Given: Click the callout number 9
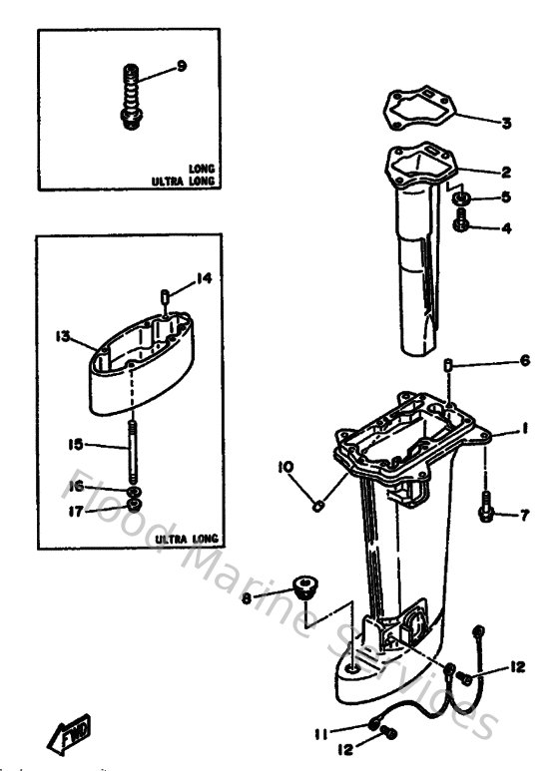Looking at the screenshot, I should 182,66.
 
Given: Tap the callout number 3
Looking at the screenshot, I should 506,124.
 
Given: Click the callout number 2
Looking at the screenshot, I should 506,172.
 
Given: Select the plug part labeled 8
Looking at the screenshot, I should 301,587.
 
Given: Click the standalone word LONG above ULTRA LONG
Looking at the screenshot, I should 202,170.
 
